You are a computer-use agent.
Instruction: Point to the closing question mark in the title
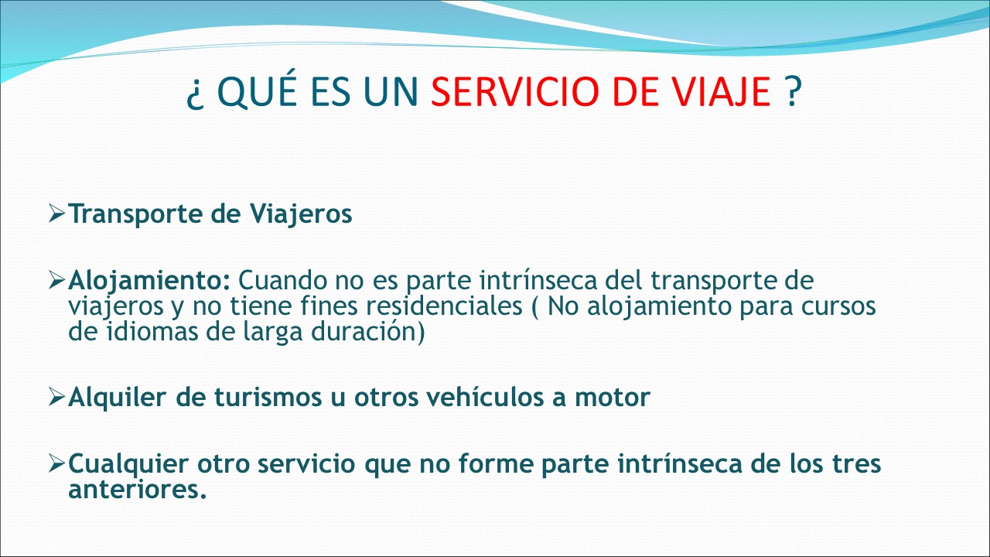pyautogui.click(x=794, y=91)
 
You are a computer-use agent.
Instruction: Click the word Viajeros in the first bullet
pyautogui.click(x=301, y=214)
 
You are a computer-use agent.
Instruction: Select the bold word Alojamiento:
pyautogui.click(x=149, y=281)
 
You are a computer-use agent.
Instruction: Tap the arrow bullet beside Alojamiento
pyautogui.click(x=57, y=280)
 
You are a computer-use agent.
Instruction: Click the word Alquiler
pyautogui.click(x=116, y=397)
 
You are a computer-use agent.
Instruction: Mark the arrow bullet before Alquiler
pyautogui.click(x=57, y=397)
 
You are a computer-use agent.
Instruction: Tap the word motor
pyautogui.click(x=613, y=398)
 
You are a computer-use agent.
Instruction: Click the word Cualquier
pyautogui.click(x=128, y=464)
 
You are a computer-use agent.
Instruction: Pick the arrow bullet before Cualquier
pyautogui.click(x=57, y=463)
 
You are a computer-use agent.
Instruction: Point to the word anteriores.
pyautogui.click(x=138, y=490)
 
